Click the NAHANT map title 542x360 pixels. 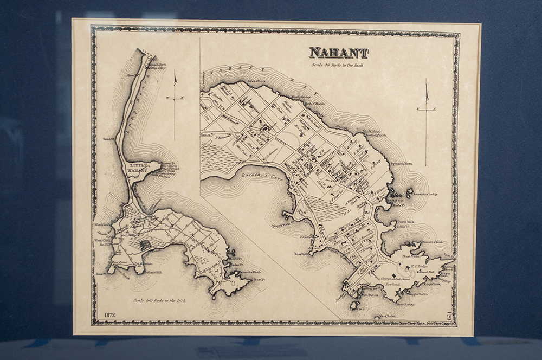[x=339, y=53]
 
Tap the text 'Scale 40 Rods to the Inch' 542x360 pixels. [x=338, y=65]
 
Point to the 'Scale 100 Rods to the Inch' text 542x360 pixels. [x=159, y=299]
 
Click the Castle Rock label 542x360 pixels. [x=405, y=223]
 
